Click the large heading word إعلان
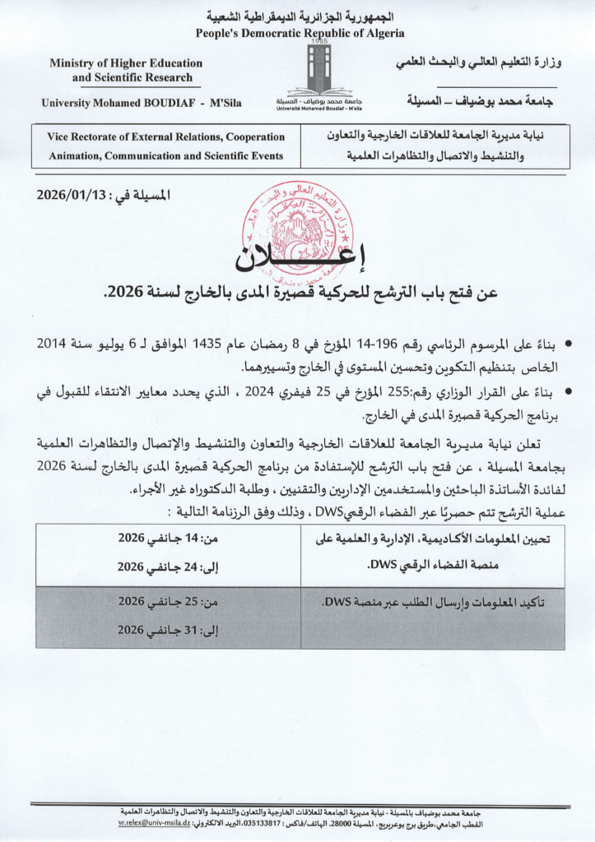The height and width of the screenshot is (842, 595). click(x=297, y=258)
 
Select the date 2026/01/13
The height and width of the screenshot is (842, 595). click(x=71, y=196)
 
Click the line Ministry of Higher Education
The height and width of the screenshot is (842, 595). click(x=126, y=63)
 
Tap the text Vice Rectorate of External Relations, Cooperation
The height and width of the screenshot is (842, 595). click(x=167, y=137)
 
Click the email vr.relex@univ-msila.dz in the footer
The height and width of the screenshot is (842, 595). click(x=154, y=822)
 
